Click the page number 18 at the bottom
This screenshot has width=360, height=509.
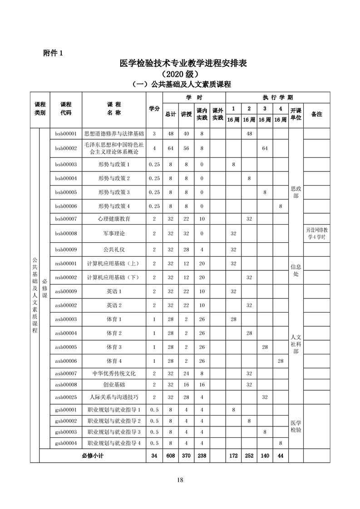pyautogui.click(x=180, y=480)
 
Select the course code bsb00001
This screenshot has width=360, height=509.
pyautogui.click(x=66, y=134)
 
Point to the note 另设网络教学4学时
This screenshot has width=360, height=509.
pyautogui.click(x=316, y=234)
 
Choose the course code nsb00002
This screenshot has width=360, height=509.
pyautogui.click(x=66, y=277)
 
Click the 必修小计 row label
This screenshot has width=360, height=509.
pyautogui.click(x=93, y=455)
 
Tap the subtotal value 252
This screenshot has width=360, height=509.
pyautogui.click(x=249, y=455)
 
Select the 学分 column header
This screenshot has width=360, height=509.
pyautogui.click(x=154, y=108)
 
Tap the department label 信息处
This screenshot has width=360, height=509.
pyautogui.click(x=296, y=270)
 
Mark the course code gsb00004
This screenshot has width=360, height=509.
pyautogui.click(x=66, y=443)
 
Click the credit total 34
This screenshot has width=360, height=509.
pyautogui.click(x=154, y=455)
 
